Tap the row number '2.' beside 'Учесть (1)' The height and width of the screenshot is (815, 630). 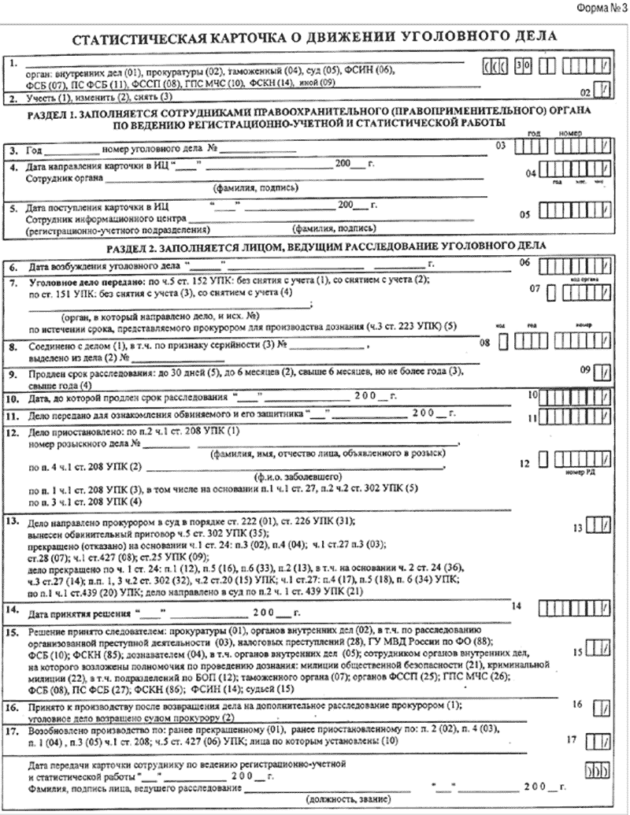13,98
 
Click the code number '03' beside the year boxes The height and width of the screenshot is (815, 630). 498,146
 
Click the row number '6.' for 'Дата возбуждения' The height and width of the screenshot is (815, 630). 13,267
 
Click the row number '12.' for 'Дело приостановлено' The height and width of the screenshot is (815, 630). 13,432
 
